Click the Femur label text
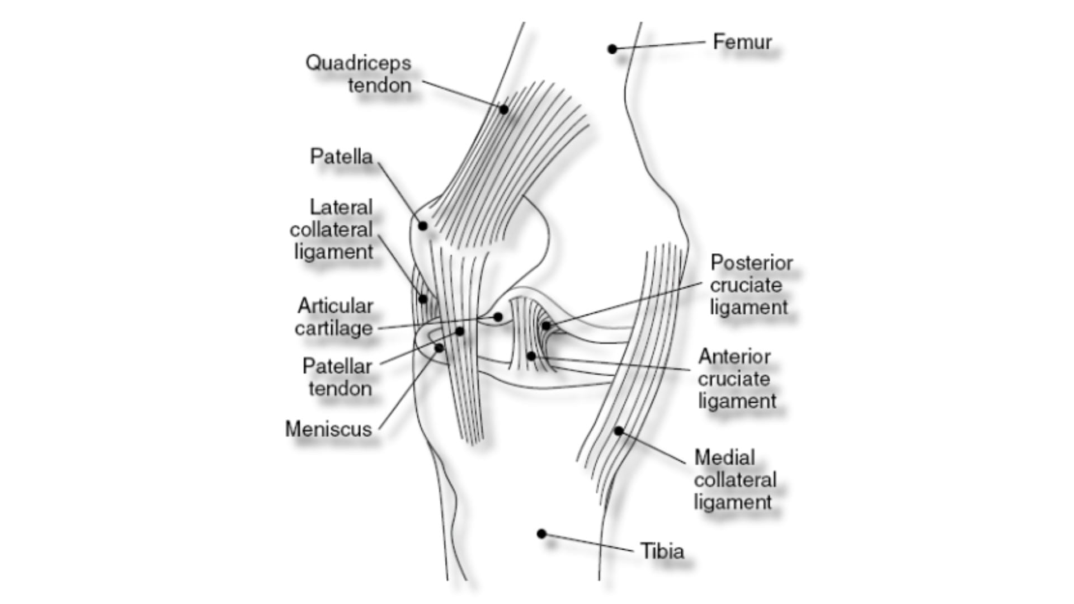click(742, 42)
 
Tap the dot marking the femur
click(613, 49)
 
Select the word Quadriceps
click(358, 63)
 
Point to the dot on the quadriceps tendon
click(503, 110)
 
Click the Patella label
click(341, 157)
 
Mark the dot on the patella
click(423, 226)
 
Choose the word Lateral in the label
click(341, 207)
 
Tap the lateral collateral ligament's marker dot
click(423, 299)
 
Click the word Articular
click(335, 306)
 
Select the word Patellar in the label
click(337, 366)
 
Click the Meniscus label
click(328, 429)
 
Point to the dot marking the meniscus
click(439, 348)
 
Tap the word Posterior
click(751, 263)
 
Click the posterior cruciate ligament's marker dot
click(546, 325)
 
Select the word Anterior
click(734, 357)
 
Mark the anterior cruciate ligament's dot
click(531, 356)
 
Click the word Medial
click(724, 457)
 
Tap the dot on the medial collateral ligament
click(619, 431)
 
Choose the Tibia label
click(662, 551)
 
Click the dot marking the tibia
click(541, 534)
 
